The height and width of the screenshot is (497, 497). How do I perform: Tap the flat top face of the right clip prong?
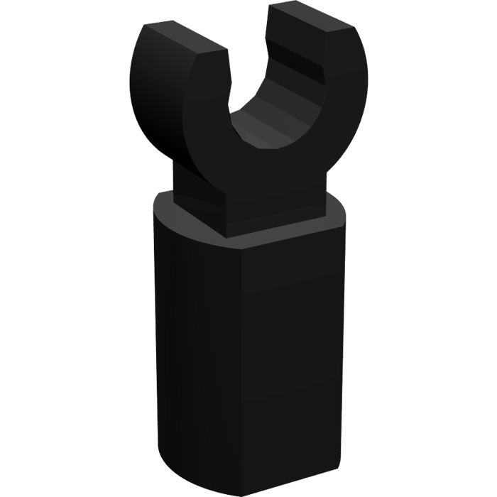pos(312,20)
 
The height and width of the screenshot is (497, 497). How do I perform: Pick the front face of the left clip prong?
pos(206,99)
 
